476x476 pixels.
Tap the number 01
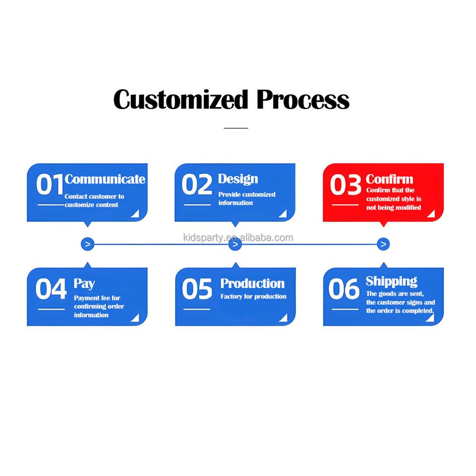(50, 185)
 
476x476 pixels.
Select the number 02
(197, 185)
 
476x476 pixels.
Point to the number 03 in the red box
(346, 185)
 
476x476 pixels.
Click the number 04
(51, 289)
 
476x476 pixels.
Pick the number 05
(197, 289)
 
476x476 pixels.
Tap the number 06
(344, 289)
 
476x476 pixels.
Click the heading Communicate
(105, 179)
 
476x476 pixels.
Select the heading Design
(238, 179)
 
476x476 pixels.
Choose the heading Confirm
(389, 179)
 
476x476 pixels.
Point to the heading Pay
(84, 284)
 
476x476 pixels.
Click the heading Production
(252, 284)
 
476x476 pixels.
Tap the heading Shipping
(391, 282)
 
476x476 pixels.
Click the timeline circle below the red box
(383, 244)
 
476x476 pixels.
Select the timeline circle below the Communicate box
(87, 244)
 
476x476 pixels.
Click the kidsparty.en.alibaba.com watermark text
(238, 238)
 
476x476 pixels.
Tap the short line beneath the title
(236, 128)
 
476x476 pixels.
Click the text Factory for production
(253, 297)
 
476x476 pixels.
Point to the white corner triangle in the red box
(431, 214)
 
